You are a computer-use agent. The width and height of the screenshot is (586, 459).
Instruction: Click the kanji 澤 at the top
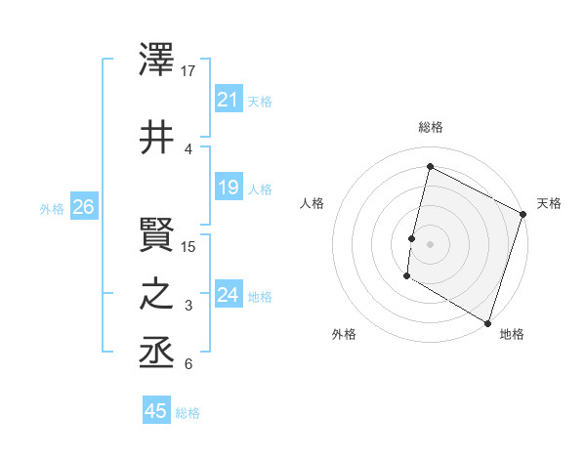click(156, 60)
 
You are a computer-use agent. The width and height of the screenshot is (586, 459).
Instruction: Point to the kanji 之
click(156, 294)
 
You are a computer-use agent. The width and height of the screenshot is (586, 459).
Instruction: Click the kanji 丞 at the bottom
click(156, 352)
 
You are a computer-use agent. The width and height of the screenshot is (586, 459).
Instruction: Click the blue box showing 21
click(228, 100)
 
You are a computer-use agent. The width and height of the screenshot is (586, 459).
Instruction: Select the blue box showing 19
click(228, 188)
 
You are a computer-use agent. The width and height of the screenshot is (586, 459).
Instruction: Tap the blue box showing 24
click(228, 295)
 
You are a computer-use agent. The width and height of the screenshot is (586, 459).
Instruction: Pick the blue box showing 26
click(83, 207)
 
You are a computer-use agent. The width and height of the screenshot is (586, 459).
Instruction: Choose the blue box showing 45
click(156, 411)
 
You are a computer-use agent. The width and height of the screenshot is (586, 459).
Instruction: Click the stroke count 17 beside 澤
click(189, 71)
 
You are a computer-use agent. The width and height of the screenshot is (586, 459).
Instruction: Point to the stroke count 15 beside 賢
click(189, 247)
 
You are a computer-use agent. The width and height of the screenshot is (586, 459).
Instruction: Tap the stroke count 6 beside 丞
click(188, 364)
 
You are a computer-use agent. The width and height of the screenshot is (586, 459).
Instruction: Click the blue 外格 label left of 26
click(52, 208)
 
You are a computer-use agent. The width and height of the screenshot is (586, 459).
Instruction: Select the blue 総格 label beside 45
click(188, 412)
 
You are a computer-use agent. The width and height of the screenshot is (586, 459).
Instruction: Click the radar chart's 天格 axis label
click(549, 203)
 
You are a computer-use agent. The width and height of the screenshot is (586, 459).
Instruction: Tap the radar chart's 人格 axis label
click(312, 203)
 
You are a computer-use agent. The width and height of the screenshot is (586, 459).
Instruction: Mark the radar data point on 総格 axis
click(430, 167)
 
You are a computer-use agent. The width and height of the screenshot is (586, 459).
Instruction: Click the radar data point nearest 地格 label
click(487, 322)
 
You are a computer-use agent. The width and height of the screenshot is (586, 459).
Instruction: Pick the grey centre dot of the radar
click(430, 243)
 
